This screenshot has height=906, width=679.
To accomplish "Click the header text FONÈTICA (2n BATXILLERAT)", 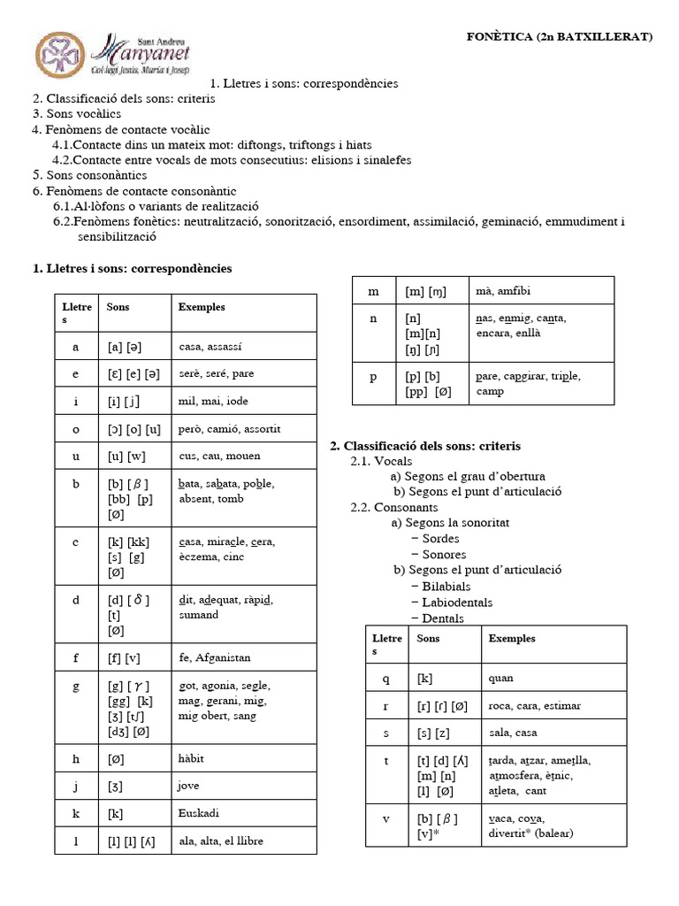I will click(x=559, y=36).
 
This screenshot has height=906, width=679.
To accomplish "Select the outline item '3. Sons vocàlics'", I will click(x=77, y=114).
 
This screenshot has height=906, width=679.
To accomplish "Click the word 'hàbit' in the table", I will click(x=191, y=758).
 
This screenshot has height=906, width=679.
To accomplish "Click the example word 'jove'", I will click(x=189, y=785).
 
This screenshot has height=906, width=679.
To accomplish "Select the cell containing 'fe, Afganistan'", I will click(x=214, y=657).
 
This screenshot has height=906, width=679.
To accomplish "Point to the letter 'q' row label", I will click(x=386, y=679).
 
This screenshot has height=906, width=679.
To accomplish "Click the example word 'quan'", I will click(x=500, y=679).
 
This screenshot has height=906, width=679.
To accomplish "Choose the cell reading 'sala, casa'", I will click(x=512, y=733).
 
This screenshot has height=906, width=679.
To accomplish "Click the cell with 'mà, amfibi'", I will click(x=502, y=291).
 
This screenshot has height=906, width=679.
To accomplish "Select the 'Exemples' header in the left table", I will click(x=202, y=308).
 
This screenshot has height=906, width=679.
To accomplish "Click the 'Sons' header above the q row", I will click(x=428, y=638).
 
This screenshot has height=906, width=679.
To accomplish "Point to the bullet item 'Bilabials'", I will click(x=446, y=587).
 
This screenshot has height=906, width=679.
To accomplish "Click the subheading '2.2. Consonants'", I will click(x=394, y=508).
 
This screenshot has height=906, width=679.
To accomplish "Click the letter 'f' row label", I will click(x=76, y=657).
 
